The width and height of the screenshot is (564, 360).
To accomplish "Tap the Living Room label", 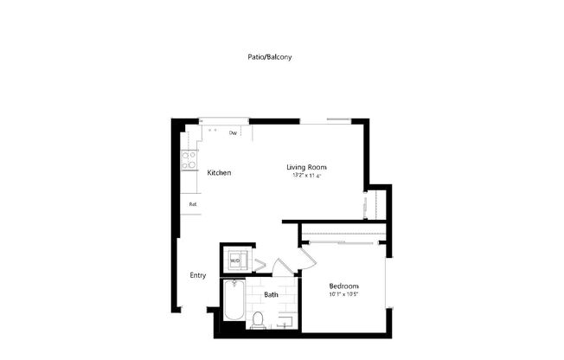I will pos(306,167).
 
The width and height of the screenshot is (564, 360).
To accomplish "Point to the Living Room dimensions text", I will pos(306,176).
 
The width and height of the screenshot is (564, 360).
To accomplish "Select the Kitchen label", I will pos(219,173).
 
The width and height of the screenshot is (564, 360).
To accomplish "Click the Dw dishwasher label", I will pos(234,133).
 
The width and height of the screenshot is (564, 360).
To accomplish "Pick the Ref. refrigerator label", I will pos(193,204).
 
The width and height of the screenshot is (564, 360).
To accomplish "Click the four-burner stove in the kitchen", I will pos(188,159).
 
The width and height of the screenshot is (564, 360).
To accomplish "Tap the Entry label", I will pos(198,276).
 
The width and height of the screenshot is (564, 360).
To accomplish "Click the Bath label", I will pos(272,294).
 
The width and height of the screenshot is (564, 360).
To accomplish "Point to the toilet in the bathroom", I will pos(258,321).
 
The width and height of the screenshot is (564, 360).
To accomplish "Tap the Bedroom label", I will pos(343,286).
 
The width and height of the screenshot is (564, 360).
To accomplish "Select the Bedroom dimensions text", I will pos(343,295).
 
